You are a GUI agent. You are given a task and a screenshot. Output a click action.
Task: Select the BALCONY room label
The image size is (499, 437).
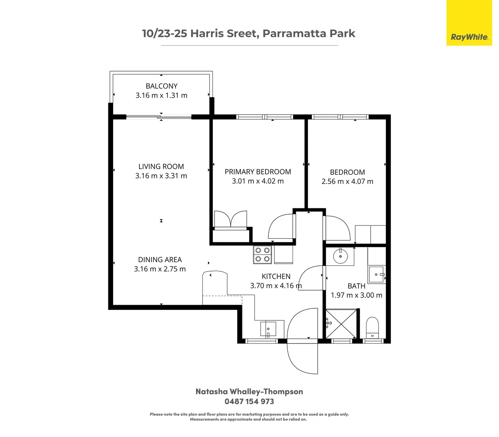161,86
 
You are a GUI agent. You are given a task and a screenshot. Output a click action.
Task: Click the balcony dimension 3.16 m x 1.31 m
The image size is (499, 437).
161,95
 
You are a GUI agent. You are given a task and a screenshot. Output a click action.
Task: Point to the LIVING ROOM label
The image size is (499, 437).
161,166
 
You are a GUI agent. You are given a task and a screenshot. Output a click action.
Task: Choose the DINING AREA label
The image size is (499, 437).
160,259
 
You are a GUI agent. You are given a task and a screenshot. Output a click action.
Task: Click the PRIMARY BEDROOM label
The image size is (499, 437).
258,172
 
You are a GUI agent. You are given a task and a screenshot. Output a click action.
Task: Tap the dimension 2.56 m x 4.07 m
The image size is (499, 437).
347,182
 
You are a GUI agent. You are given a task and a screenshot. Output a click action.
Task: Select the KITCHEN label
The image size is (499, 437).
276,276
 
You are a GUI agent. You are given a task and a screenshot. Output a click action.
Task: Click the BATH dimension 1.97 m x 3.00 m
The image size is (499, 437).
356,295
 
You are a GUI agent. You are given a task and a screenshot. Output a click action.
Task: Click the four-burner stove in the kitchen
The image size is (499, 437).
261,255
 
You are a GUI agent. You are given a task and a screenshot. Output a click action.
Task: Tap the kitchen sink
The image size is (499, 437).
268,329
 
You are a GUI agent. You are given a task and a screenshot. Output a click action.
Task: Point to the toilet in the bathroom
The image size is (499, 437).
372,327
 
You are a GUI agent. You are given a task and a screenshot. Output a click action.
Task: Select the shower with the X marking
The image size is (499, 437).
341,323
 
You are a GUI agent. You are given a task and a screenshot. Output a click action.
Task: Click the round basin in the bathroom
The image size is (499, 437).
340,256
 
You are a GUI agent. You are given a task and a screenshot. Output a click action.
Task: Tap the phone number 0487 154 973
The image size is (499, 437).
249,401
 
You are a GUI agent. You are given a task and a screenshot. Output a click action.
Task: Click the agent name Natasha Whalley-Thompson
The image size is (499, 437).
249,391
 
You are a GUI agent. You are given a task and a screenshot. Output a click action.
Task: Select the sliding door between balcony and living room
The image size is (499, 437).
159,117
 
